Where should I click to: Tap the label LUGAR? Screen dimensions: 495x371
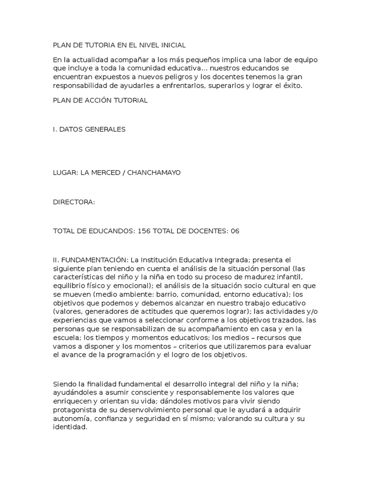click(65, 173)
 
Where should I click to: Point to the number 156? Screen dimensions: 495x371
click(144, 231)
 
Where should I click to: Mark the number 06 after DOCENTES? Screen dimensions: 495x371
click(235, 231)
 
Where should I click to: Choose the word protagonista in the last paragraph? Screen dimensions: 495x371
click(74, 410)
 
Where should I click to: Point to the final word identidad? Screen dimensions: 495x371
click(69, 428)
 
